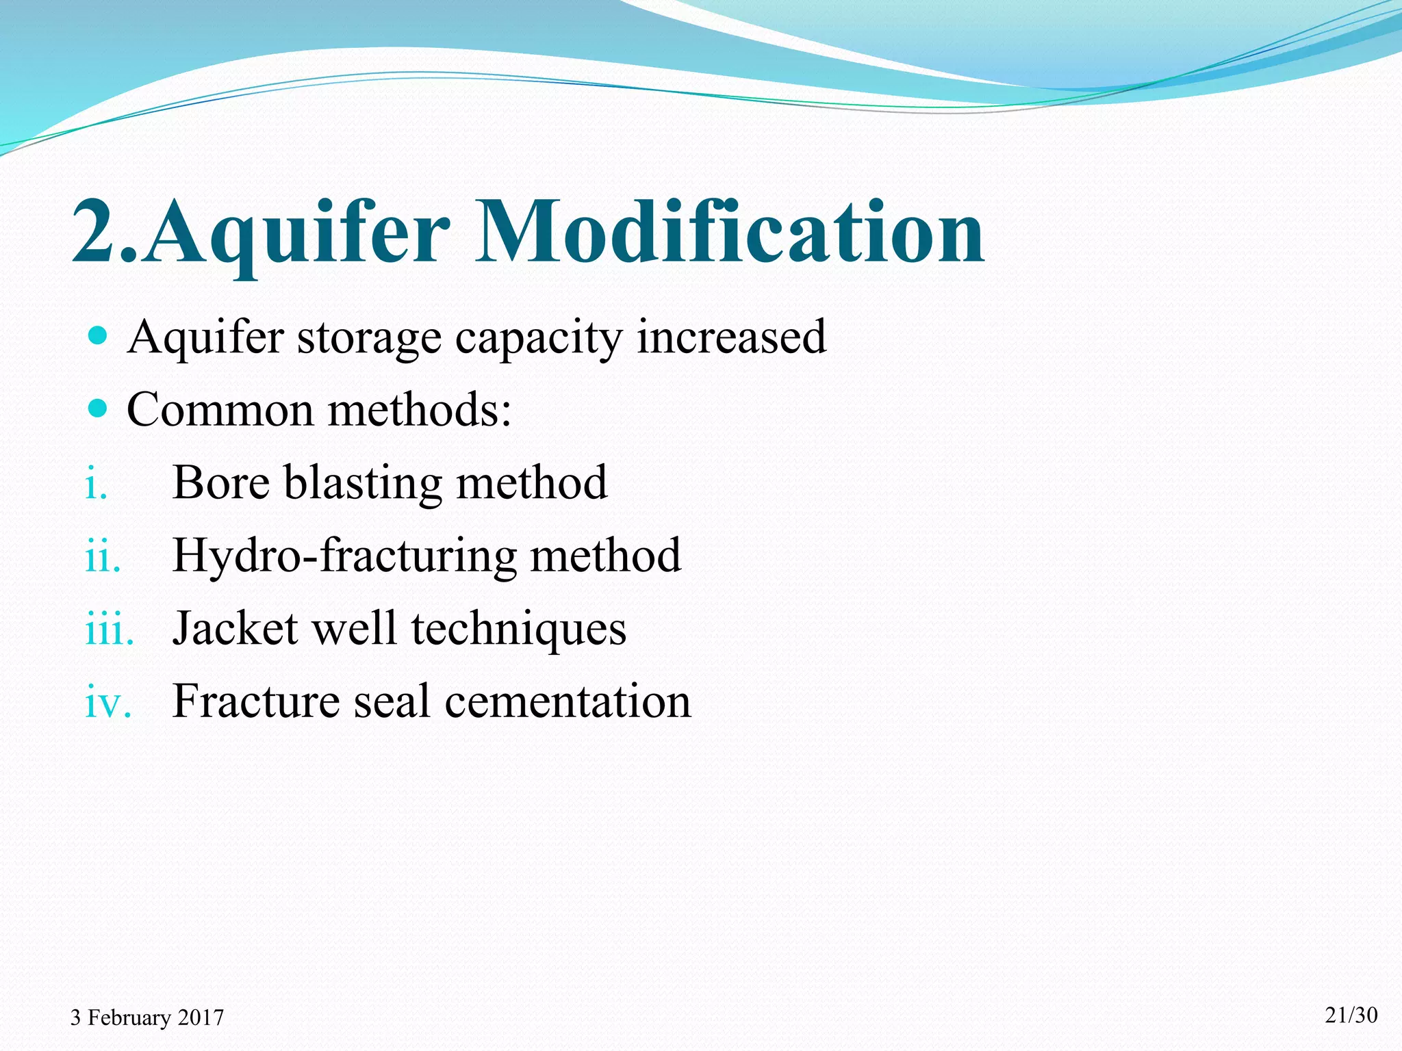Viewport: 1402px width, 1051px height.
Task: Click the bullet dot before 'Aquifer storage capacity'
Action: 99,335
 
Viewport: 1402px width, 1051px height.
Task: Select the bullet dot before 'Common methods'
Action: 99,408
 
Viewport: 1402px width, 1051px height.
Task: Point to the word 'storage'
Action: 369,338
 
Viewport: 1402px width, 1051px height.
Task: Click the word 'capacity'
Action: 539,338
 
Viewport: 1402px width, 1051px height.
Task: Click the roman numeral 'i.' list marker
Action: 97,484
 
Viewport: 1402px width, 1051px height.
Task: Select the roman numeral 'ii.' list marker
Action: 103,556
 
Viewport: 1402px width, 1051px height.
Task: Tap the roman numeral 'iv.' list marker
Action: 108,703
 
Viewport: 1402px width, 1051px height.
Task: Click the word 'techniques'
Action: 518,630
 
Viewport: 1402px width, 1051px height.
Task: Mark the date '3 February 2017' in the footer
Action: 147,1017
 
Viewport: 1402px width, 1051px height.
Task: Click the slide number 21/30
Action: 1351,1015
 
